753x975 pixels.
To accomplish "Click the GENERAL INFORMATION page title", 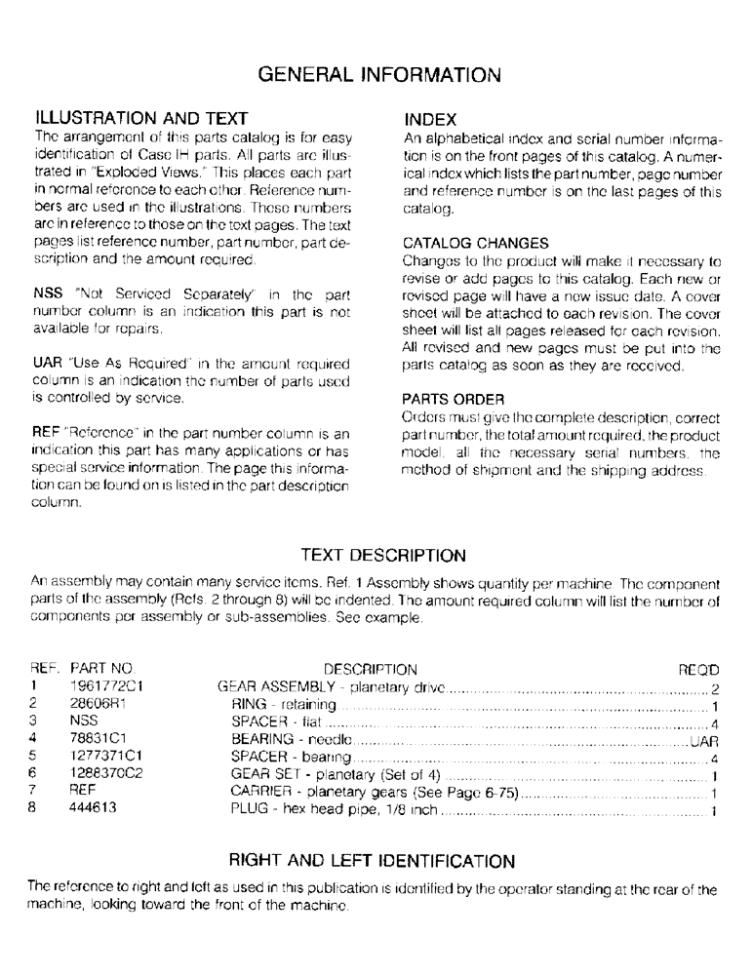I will tap(376, 74).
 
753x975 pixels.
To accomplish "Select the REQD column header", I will tap(697, 670).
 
